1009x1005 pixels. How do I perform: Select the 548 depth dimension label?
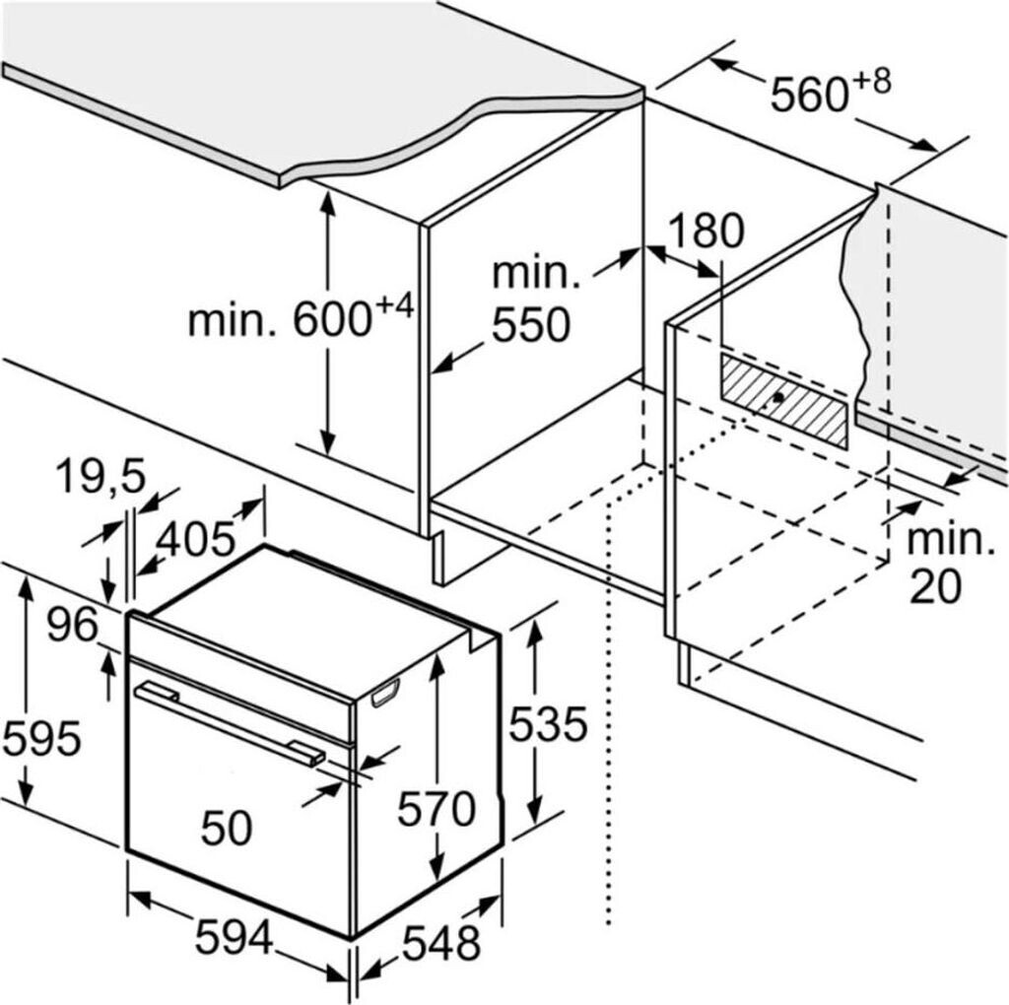pyautogui.click(x=440, y=944)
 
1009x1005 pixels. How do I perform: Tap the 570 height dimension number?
pyautogui.click(x=436, y=810)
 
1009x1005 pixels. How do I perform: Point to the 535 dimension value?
pyautogui.click(x=547, y=725)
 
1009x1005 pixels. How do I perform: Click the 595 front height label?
pyautogui.click(x=40, y=737)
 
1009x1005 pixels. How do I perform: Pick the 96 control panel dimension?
pyautogui.click(x=72, y=625)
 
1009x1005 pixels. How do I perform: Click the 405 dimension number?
pyautogui.click(x=195, y=539)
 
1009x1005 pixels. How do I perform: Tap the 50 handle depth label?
pyautogui.click(x=226, y=829)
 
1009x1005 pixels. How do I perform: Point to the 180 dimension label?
pyautogui.click(x=706, y=231)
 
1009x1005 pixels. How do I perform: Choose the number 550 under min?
pyautogui.click(x=532, y=325)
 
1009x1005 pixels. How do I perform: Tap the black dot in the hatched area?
pyautogui.click(x=779, y=398)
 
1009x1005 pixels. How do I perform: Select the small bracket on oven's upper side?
pyautogui.click(x=384, y=695)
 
